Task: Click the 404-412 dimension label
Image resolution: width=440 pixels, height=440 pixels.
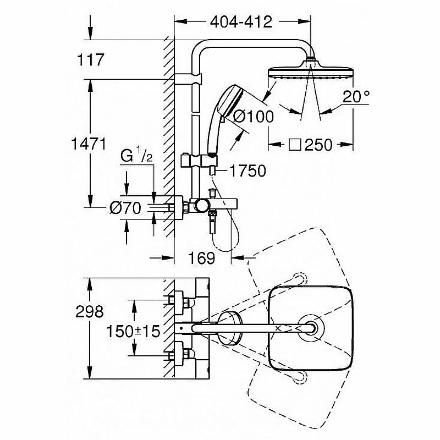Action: [x=241, y=22]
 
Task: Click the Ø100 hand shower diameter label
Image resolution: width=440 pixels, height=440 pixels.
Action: [x=252, y=117]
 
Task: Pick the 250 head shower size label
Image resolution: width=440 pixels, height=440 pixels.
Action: [x=318, y=145]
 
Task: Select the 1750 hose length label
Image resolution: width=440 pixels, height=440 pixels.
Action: [x=247, y=171]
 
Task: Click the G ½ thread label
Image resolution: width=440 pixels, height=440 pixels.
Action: [x=136, y=157]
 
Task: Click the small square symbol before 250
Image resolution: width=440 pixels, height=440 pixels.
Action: [x=295, y=145]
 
